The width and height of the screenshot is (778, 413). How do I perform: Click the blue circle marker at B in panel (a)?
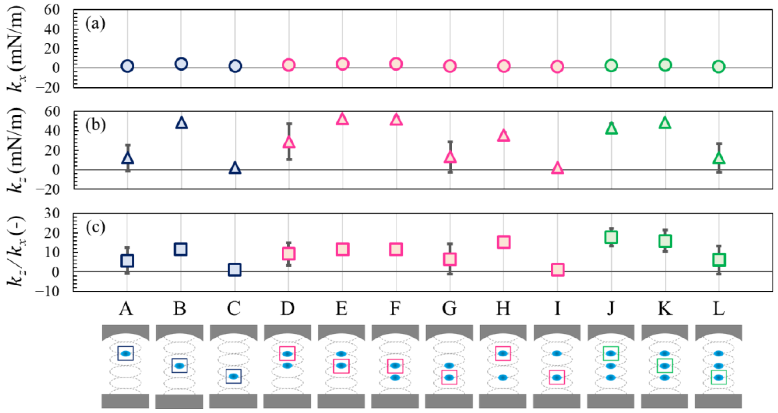coord(181,64)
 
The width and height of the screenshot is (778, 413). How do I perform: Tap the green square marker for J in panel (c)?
coord(611,237)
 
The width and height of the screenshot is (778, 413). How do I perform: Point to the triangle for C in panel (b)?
coord(235,168)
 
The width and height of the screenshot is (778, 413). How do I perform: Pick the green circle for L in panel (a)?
coord(718,67)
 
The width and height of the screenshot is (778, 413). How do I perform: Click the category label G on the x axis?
coord(449,309)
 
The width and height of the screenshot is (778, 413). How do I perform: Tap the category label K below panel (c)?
coord(665,309)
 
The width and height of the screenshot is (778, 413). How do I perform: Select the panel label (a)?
coord(95,24)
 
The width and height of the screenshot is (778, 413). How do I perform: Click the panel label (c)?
coord(95,227)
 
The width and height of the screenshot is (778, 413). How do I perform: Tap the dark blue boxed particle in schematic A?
coord(125,353)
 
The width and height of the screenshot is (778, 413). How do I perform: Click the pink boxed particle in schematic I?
coord(557,377)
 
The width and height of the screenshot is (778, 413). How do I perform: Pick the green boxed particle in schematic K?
coord(664,366)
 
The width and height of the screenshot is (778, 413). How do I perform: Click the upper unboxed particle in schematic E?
coord(341,353)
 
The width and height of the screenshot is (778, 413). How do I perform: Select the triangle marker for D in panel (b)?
coord(289,142)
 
